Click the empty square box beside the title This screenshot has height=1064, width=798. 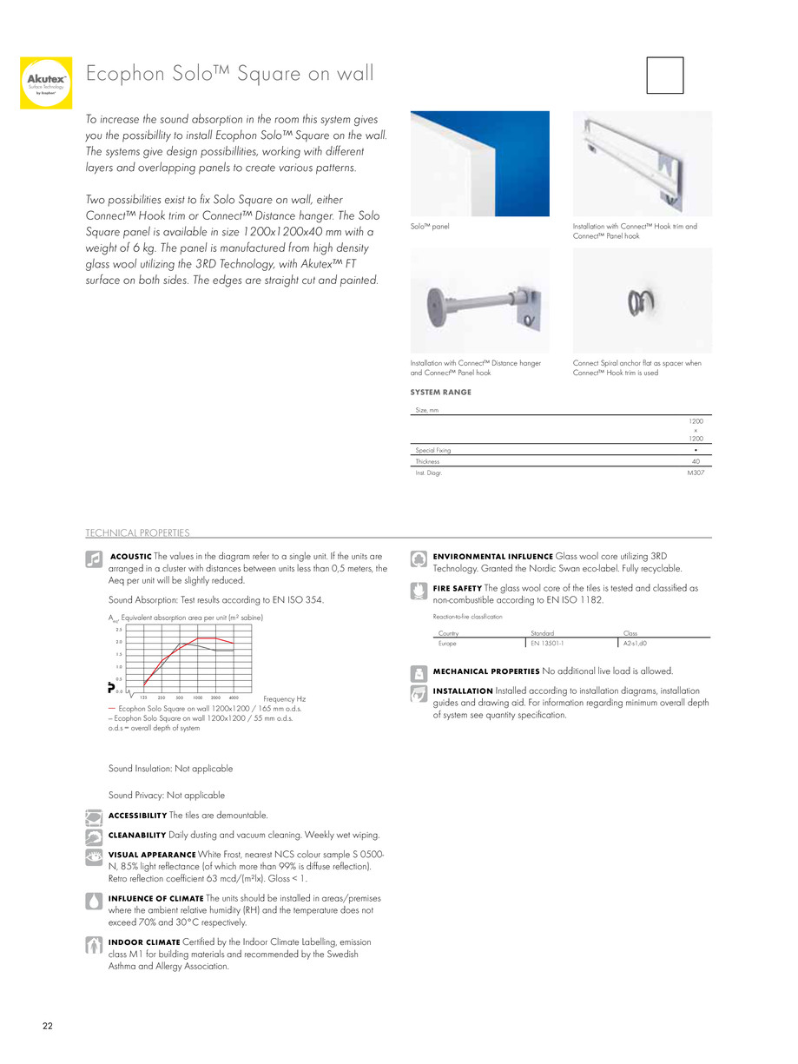[x=665, y=76]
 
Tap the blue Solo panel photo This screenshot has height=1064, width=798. [x=479, y=163]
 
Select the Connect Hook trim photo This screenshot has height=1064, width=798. [x=642, y=163]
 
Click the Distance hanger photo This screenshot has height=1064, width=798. [x=479, y=300]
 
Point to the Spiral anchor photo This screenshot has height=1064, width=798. [x=642, y=300]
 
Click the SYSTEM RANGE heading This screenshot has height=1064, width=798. [x=440, y=392]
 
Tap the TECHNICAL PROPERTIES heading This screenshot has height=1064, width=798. [x=137, y=532]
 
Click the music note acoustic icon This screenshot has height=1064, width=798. [x=95, y=560]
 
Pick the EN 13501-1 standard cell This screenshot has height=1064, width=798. [x=546, y=644]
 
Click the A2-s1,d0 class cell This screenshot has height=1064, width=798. [x=636, y=644]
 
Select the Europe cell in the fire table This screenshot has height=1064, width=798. [x=448, y=644]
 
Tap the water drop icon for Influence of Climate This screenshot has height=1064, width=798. [x=95, y=901]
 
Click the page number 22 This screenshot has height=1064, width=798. [x=48, y=1027]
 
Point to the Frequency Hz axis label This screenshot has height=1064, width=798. [x=284, y=698]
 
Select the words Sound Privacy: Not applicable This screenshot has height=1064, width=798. [x=167, y=795]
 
